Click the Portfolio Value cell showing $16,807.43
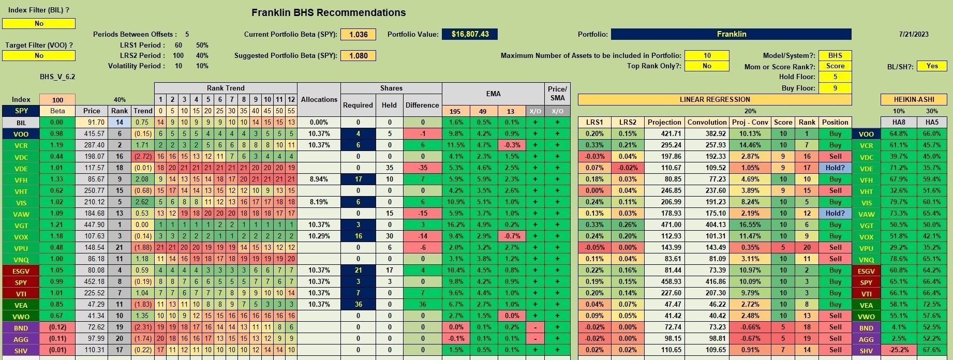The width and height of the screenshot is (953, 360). coord(470,34)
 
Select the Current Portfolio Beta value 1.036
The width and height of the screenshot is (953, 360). coord(358,34)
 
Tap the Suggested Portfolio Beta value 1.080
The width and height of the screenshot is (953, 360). coord(358,55)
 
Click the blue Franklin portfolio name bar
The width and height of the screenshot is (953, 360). coord(731,34)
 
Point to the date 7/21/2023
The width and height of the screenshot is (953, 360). coord(914,34)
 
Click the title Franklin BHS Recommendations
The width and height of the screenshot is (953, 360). coord(329,12)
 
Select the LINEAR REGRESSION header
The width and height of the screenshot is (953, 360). coord(714,99)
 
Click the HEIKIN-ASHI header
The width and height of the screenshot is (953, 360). coord(914,99)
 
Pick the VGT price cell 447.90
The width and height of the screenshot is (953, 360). coord(92,224)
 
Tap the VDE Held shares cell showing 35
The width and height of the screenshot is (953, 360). coord(389,168)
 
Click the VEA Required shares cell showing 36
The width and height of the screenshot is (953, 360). coord(358,304)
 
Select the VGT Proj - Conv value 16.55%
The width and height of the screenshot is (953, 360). coord(750,224)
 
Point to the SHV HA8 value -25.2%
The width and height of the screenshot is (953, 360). coord(899,350)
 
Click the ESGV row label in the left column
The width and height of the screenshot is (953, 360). coord(21,270)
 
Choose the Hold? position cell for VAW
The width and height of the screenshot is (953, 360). coord(835,213)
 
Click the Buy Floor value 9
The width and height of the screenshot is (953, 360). coord(835,88)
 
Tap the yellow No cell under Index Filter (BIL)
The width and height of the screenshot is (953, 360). coord(39,23)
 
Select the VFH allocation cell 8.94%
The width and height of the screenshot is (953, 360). coord(319,179)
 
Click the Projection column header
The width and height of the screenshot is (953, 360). coord(664,122)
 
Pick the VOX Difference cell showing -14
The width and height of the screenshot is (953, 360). coord(422,236)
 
